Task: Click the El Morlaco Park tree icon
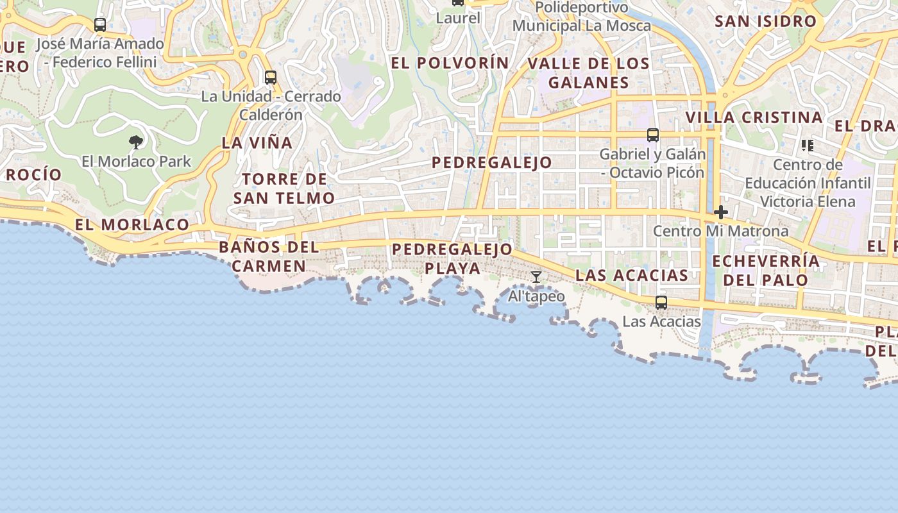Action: pos(135,142)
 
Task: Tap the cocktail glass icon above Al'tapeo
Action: pos(536,277)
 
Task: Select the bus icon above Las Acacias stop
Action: pos(661,303)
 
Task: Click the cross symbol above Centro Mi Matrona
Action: pos(721,212)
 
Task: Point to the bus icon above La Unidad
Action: pos(271,78)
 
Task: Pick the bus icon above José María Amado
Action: pos(100,25)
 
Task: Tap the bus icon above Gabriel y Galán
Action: pos(653,135)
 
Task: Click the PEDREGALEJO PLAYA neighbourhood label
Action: pos(452,258)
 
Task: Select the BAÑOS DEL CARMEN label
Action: pos(269,256)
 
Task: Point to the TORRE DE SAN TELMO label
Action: pos(284,189)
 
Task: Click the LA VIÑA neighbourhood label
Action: pos(257,143)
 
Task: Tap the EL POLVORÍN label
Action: pos(450,63)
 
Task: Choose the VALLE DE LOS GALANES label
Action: pos(588,73)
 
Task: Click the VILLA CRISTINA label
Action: pos(754,118)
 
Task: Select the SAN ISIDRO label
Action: pos(765,21)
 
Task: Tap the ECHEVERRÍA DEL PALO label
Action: pos(766,270)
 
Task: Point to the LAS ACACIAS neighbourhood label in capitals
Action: pos(632,275)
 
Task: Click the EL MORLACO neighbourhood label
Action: pos(132,224)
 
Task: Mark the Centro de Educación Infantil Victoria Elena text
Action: pos(808,183)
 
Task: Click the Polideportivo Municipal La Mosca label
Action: pos(581,17)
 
